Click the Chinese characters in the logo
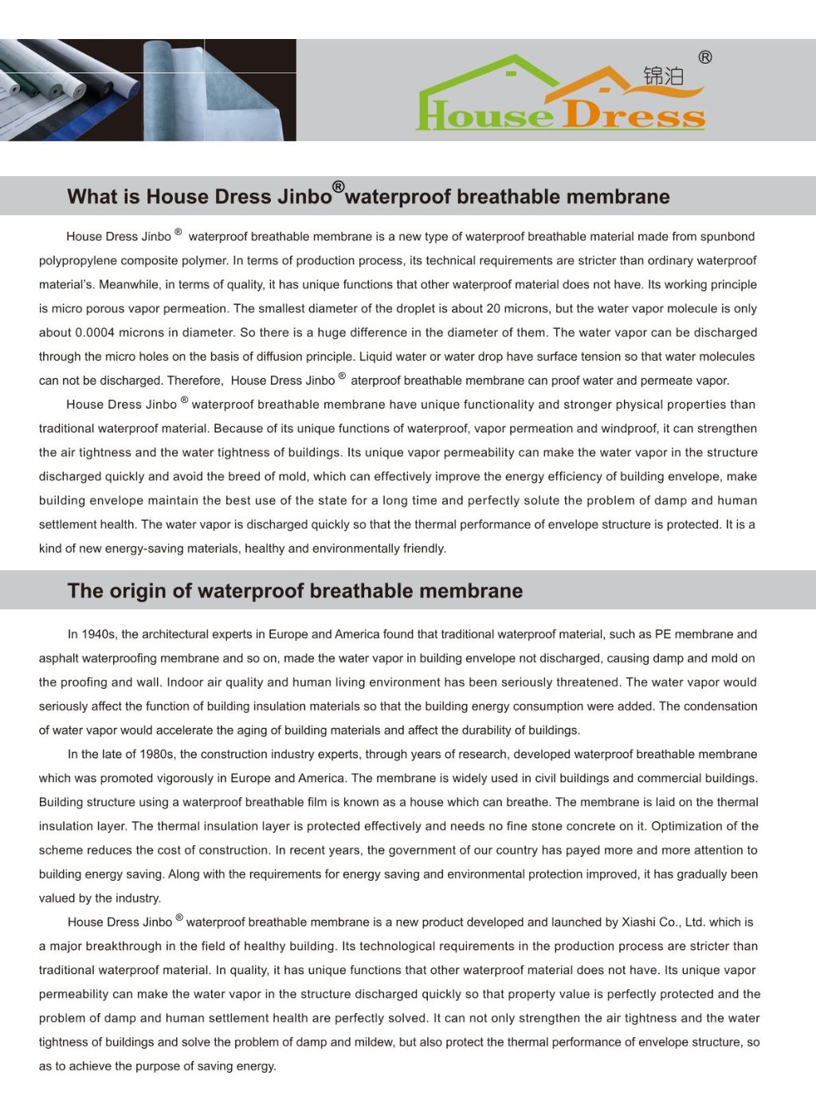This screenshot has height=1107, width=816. point(663,76)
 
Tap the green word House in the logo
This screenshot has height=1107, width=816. point(484,115)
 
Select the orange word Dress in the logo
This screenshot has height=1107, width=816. point(634,115)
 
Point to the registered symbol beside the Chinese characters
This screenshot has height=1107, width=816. point(705,57)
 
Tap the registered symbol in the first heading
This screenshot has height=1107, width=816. point(339,187)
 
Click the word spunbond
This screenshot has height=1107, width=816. point(728,237)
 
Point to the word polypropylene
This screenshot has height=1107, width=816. point(76,260)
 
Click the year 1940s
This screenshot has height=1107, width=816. point(98,635)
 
